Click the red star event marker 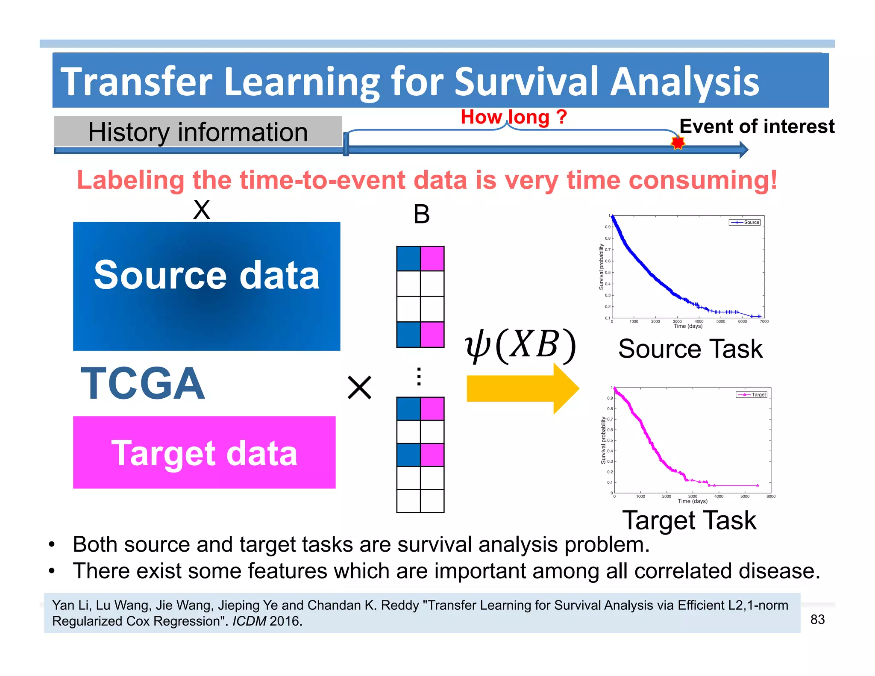[678, 142]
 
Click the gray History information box [198, 132]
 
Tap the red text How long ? [514, 117]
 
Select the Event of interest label [757, 126]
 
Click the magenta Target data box [204, 453]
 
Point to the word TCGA [143, 384]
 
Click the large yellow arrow [522, 388]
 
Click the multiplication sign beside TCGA [359, 388]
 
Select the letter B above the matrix [421, 214]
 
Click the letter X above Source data [202, 210]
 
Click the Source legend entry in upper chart [746, 222]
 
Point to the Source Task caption [690, 349]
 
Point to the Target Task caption [689, 520]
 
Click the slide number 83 [817, 619]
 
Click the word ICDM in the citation [249, 621]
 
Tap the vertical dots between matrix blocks [419, 376]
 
